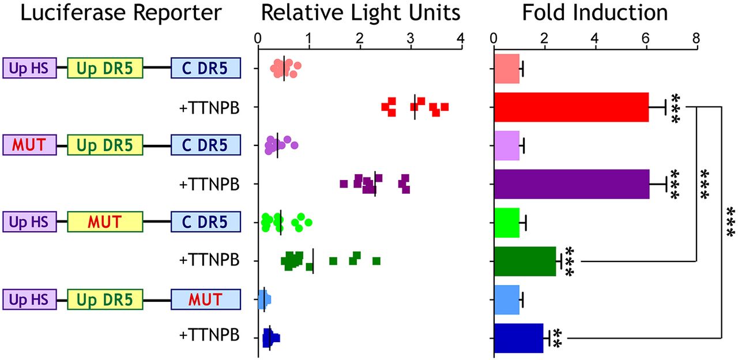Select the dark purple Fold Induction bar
[x=571, y=184]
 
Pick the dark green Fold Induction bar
[x=525, y=261]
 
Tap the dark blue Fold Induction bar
[x=518, y=338]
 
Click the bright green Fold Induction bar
[x=507, y=223]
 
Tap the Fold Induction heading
[x=594, y=13]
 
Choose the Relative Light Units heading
[x=360, y=13]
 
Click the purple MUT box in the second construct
[x=29, y=145]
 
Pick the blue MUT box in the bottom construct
[x=205, y=299]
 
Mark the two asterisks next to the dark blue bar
[x=557, y=338]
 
